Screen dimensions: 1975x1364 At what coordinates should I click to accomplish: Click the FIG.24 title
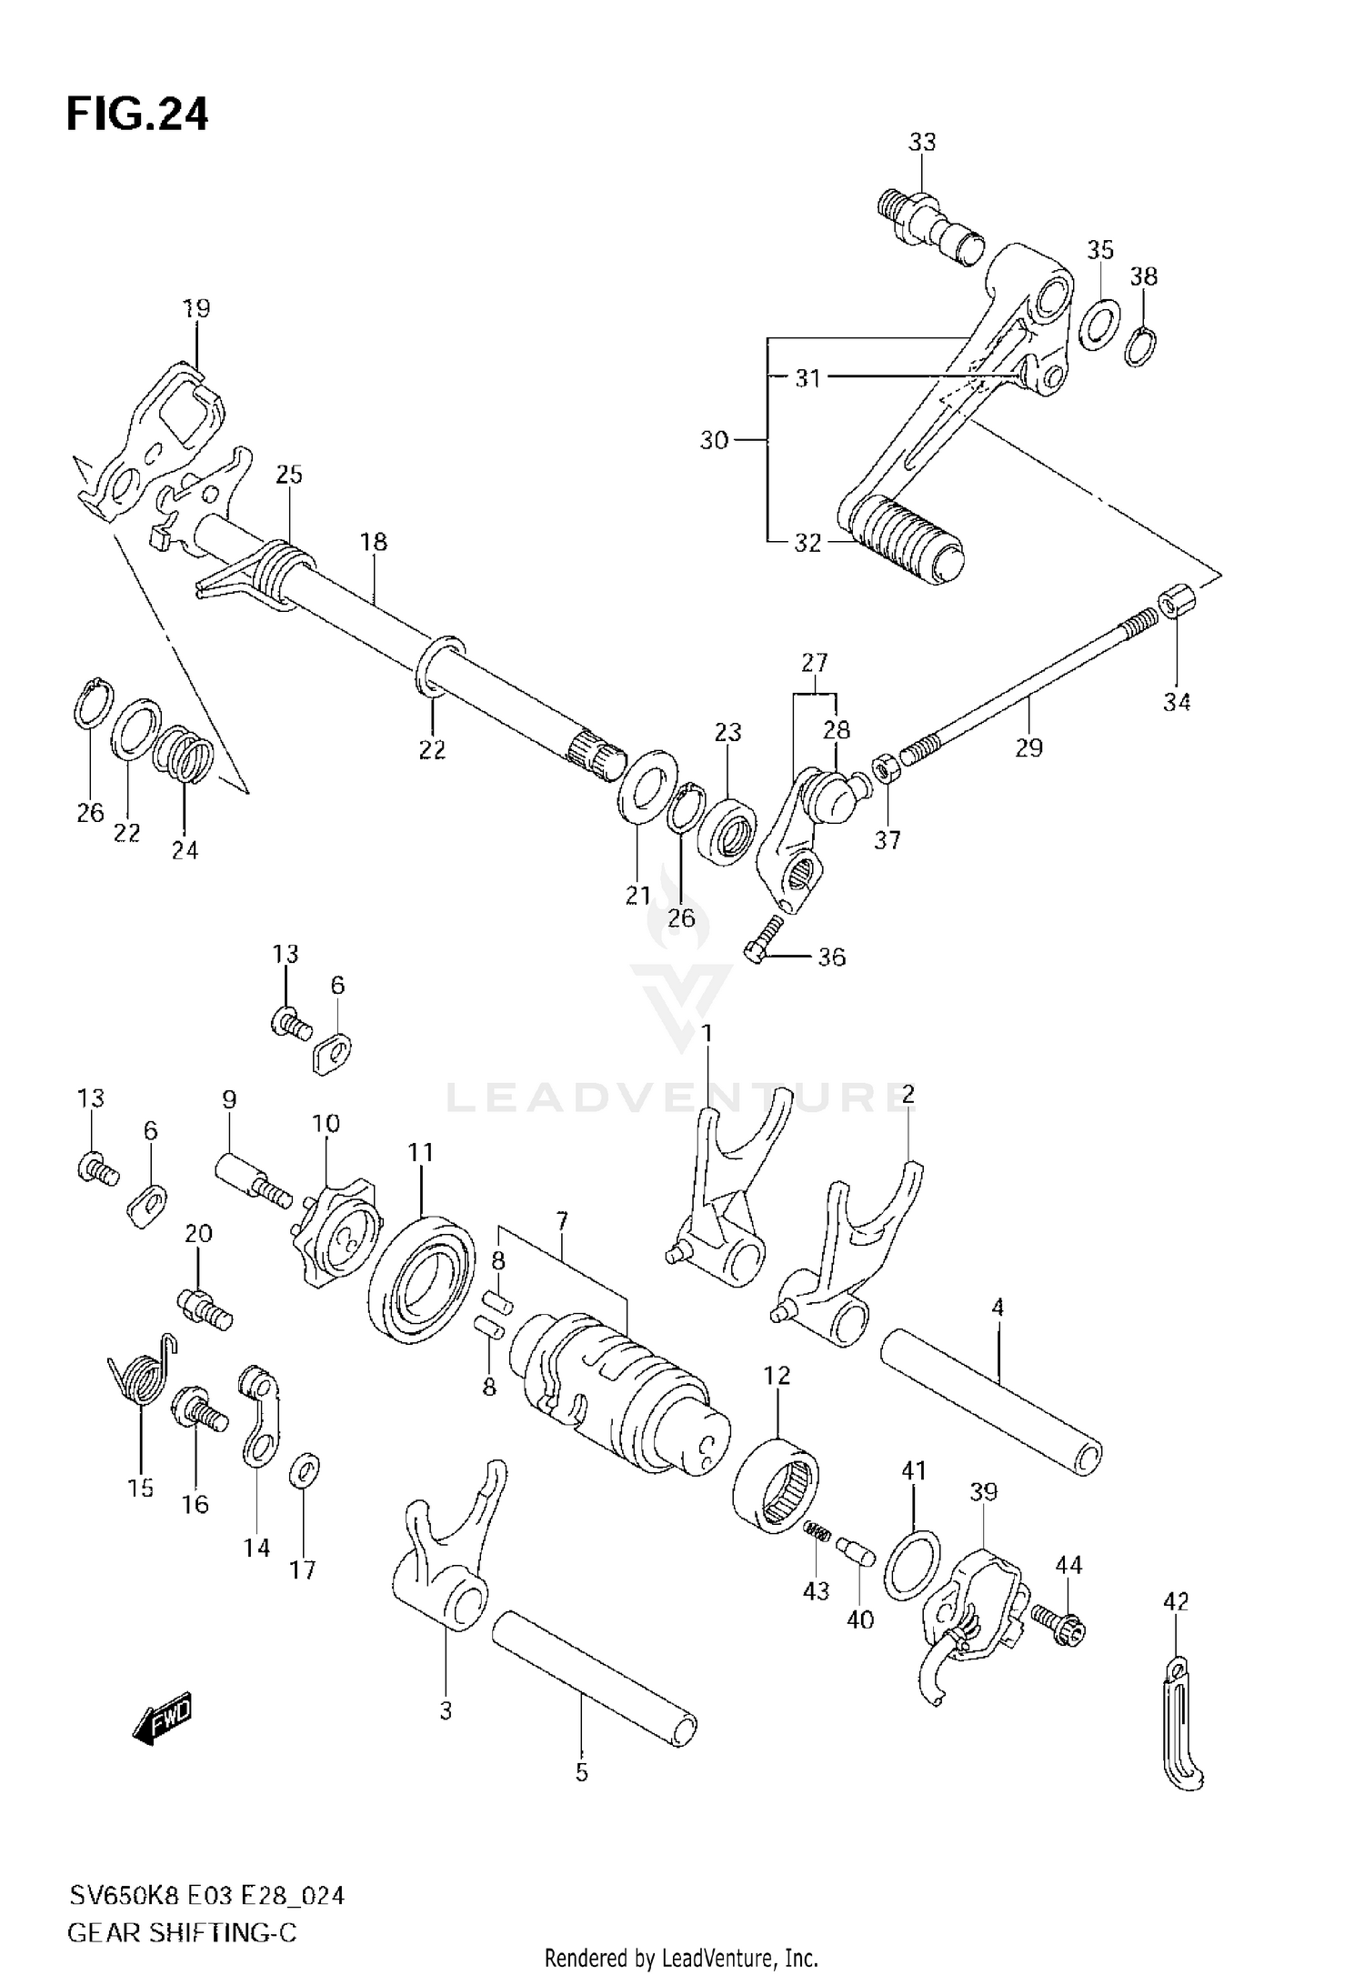(137, 115)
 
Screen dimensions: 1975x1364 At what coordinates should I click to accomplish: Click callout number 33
(921, 142)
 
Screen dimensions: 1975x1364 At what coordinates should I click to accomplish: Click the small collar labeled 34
(1178, 601)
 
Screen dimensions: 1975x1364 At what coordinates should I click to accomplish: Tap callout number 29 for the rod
(1028, 747)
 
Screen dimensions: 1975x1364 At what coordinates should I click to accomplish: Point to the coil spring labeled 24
(184, 757)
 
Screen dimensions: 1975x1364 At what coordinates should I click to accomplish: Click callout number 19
(196, 308)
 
